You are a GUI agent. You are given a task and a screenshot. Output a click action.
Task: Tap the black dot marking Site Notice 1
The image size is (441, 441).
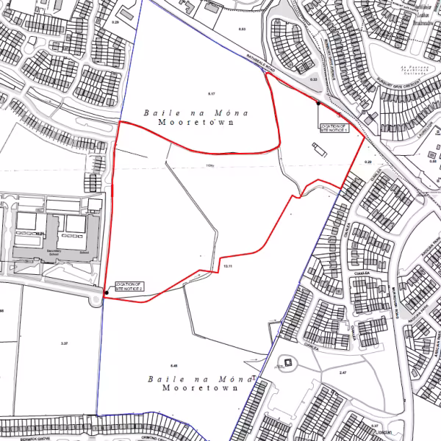[318, 104]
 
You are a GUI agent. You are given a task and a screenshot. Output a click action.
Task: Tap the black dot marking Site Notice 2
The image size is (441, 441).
[107, 293]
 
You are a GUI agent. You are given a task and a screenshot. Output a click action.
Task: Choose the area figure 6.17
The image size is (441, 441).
[213, 95]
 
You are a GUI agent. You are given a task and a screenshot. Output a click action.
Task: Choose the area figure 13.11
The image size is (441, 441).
[227, 265]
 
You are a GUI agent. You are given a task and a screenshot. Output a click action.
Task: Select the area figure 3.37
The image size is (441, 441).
[64, 343]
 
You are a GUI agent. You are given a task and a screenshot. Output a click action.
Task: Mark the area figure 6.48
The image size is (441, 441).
[173, 365]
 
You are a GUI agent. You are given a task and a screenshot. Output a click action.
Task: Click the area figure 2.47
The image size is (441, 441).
[342, 373]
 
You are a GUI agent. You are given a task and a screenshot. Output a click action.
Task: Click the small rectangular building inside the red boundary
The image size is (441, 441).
[318, 150]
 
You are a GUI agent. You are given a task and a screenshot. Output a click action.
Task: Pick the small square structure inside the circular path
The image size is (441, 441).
[288, 363]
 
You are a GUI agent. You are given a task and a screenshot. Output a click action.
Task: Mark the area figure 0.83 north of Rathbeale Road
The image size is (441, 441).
[242, 29]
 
